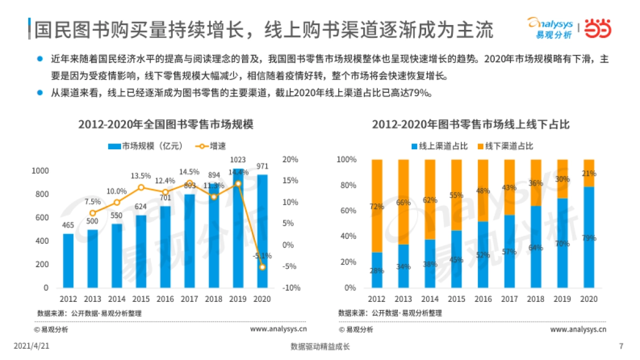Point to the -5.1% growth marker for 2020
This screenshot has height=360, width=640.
[262, 267]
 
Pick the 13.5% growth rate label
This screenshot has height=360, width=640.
[141, 175]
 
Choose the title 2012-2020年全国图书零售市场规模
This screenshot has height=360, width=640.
[165, 125]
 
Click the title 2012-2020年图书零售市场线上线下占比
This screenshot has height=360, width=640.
[471, 125]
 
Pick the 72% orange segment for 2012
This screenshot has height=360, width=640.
[377, 206]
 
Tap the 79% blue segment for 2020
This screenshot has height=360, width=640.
[589, 237]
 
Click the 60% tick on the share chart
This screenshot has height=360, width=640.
[347, 211]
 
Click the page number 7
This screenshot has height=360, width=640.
[621, 346]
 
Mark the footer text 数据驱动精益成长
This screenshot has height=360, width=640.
[319, 346]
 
